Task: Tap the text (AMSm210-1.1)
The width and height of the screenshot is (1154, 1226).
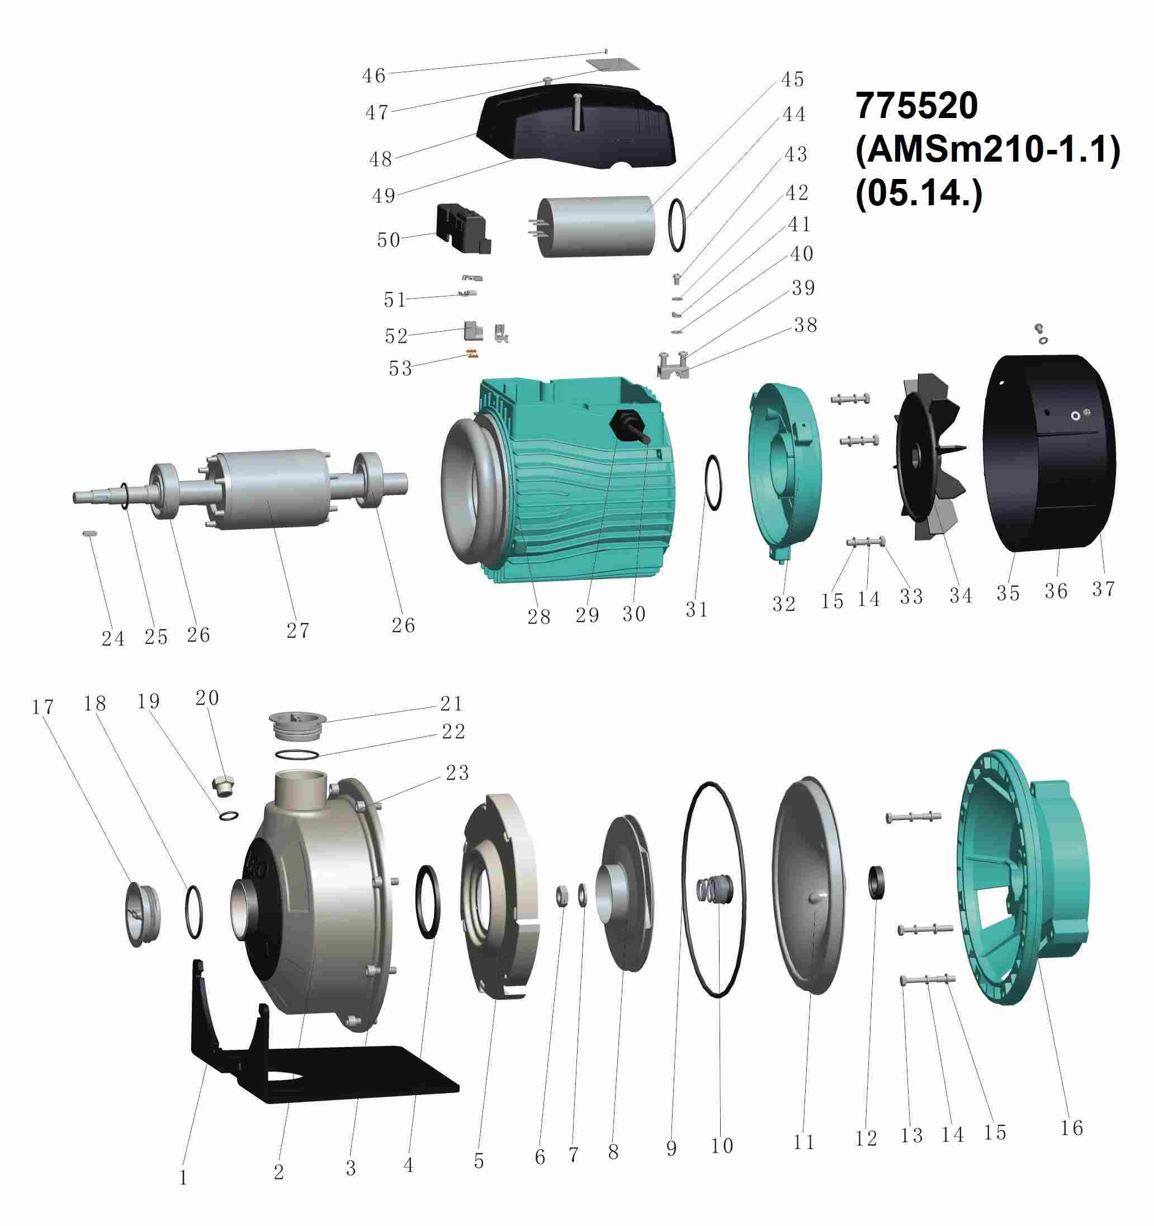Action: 987,150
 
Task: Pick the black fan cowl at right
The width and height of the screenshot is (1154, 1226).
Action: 1048,452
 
